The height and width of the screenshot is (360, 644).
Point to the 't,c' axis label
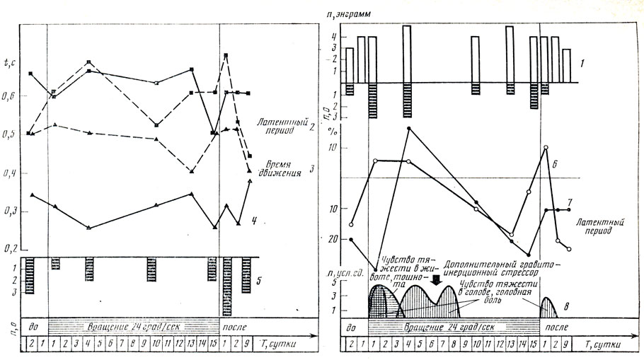tap(10, 64)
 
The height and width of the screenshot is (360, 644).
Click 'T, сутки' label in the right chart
tap(607, 344)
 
